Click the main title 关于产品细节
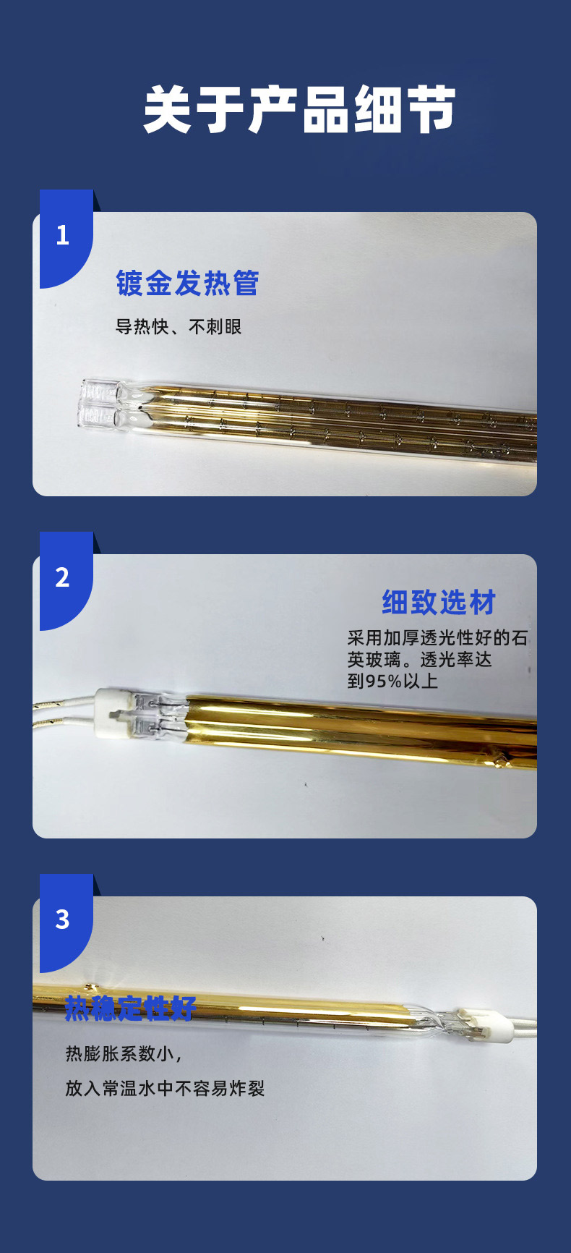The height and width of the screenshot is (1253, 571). point(299,110)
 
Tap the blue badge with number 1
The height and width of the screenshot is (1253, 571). point(65,237)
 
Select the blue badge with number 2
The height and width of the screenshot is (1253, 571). point(65,579)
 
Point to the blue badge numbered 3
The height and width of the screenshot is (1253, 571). point(65,922)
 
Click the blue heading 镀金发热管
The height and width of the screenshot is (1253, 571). point(187,283)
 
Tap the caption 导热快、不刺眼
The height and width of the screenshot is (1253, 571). point(179,327)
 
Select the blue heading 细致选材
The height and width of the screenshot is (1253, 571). point(439,602)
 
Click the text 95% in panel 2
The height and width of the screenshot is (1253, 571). point(383,681)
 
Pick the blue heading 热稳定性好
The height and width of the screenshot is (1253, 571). point(131,1008)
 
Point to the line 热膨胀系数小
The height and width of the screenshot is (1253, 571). point(123,1053)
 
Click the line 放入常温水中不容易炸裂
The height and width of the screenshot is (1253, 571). point(165,1088)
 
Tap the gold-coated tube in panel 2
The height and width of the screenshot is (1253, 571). point(361,731)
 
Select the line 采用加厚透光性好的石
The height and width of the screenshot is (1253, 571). point(438,638)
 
